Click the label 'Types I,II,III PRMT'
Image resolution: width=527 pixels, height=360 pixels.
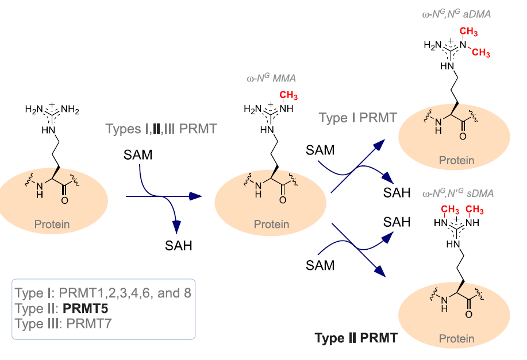pos(161,128)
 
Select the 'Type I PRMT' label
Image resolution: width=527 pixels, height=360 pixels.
pos(358,119)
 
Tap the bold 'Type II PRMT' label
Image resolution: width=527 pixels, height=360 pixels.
pos(356,338)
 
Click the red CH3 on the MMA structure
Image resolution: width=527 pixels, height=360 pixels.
pos(288,95)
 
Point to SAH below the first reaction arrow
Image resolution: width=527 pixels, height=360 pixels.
pos(178,246)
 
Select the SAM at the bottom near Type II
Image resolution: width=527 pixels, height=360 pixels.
pos(320,265)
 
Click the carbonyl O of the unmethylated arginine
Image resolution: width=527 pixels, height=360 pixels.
pos(64,201)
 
